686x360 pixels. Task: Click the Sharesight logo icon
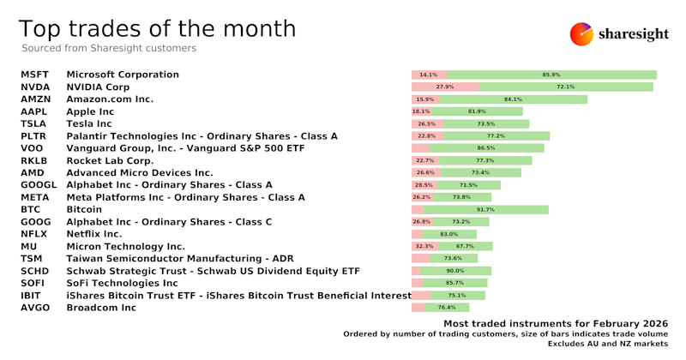pos(582,34)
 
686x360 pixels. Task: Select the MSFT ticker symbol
pos(35,75)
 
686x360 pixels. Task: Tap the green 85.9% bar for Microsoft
pos(551,75)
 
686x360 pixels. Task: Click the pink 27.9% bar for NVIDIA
pos(445,87)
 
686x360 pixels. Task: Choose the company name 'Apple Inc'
pos(90,111)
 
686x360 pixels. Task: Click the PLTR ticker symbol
pos(35,136)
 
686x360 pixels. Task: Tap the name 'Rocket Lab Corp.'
pos(110,160)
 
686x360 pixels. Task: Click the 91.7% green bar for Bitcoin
pos(485,209)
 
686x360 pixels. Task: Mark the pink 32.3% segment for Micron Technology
pos(424,246)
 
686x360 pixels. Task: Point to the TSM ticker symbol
pos(33,258)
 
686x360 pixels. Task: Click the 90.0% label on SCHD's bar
pos(455,271)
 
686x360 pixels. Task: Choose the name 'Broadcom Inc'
pos(101,307)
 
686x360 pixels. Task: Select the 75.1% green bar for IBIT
pos(457,295)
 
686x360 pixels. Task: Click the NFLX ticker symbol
pos(34,233)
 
